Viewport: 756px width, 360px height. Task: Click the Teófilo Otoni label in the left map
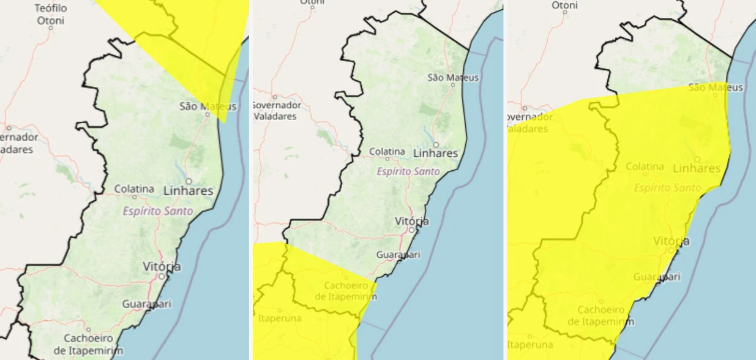51,13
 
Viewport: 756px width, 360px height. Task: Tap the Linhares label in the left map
189,191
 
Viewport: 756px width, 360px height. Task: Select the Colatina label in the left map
134,189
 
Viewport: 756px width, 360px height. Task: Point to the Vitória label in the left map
162,266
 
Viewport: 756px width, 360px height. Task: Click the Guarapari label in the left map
147,304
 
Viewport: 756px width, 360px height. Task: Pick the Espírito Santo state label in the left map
158,211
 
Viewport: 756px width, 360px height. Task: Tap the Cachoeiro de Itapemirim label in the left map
88,344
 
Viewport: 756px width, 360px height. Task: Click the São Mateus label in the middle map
453,78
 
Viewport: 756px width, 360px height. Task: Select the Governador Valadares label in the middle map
277,110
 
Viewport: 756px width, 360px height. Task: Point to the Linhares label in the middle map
436,153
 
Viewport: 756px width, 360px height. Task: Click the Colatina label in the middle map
387,151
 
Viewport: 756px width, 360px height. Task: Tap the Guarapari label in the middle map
399,254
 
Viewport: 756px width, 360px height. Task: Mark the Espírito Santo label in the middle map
408,171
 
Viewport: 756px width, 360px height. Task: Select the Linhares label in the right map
697,168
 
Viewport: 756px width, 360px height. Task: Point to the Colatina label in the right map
645,166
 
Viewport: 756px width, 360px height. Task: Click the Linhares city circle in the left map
189,181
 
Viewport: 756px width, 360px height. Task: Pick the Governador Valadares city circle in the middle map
275,97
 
